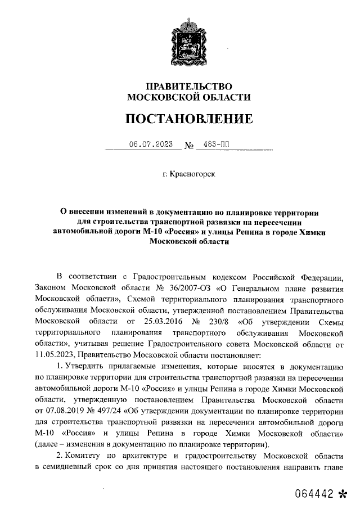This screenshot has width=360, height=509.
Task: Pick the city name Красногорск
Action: coord(192,175)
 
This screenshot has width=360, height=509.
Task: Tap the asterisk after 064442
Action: coord(343,494)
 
